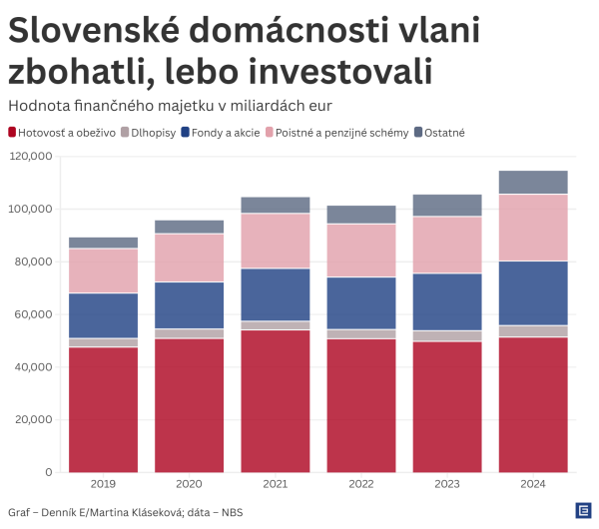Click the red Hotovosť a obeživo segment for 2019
click(x=103, y=409)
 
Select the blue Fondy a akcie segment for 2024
click(x=533, y=293)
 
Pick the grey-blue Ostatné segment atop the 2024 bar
click(x=533, y=182)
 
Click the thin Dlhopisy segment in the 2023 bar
click(x=447, y=336)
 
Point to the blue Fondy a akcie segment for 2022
click(x=361, y=302)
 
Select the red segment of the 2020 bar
click(x=190, y=405)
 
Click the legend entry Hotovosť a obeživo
click(x=60, y=132)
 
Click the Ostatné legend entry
click(x=439, y=132)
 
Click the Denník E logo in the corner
click(x=582, y=510)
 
